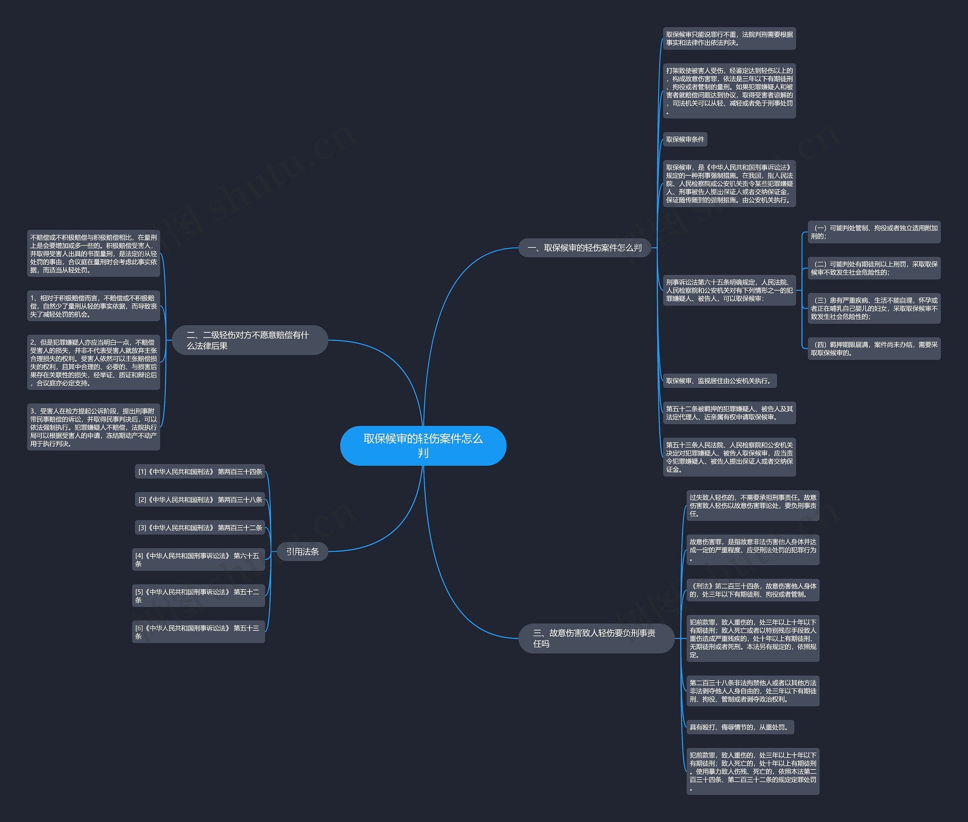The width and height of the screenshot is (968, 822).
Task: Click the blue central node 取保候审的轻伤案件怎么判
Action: pos(423,446)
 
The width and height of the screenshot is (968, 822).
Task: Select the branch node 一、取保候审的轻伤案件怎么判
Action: pos(584,248)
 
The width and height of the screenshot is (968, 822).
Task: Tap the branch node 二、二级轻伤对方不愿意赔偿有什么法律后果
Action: pos(250,340)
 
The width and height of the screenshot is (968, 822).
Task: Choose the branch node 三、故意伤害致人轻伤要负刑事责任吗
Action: pos(596,638)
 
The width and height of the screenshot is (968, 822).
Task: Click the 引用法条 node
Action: pos(302,552)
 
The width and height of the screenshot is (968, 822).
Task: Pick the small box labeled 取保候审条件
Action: pos(685,139)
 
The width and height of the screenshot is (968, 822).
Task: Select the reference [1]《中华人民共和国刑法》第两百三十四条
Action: pos(200,472)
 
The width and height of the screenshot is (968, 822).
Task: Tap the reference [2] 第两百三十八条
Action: pos(200,500)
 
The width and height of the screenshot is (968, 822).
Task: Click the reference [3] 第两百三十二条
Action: pos(200,528)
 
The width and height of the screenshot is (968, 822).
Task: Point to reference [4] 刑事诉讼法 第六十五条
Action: pos(198,560)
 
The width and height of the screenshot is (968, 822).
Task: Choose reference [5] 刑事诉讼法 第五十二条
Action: pos(198,596)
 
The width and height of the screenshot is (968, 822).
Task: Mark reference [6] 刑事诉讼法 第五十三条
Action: pos(198,632)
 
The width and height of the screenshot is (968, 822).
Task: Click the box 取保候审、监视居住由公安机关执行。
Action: pos(720,381)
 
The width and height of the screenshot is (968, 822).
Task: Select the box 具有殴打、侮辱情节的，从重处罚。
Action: pos(740,727)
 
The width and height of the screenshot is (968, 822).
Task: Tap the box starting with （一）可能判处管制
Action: pos(874,232)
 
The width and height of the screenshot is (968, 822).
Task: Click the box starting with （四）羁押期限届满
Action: pos(874,348)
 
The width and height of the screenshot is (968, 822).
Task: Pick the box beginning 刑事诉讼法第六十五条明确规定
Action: pos(729,290)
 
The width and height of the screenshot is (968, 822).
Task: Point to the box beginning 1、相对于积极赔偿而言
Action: pos(94,306)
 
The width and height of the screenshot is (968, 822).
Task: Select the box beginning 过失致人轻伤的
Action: pos(752,506)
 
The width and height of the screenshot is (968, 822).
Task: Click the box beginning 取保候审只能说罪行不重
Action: pos(729,38)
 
